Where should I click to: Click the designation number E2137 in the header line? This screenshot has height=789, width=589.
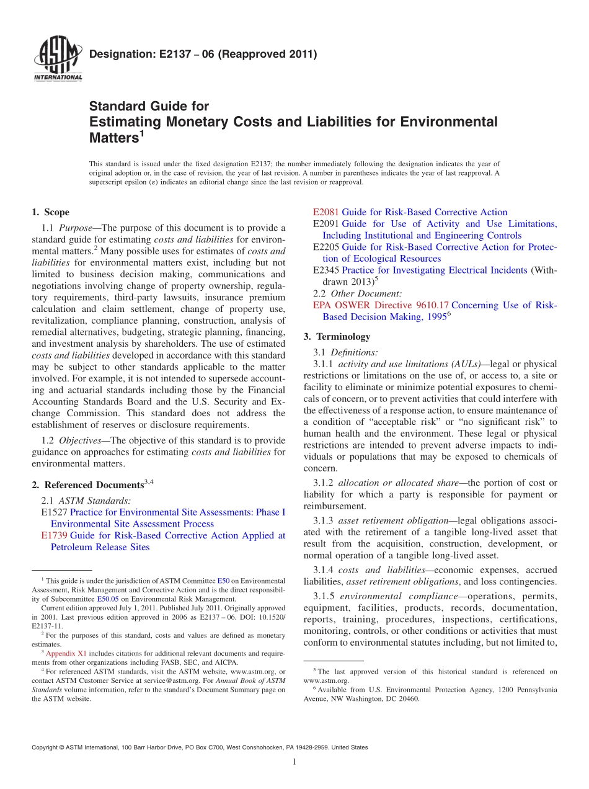pyautogui.click(x=167, y=54)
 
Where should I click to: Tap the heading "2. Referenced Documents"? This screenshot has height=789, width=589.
pyautogui.click(x=92, y=485)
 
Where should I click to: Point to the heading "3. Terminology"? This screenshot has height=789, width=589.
pyautogui.click(x=337, y=337)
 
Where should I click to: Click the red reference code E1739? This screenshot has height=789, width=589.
pyautogui.click(x=54, y=535)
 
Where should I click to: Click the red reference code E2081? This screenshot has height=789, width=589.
pyautogui.click(x=326, y=212)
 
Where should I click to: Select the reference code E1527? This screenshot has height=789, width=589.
pyautogui.click(x=54, y=512)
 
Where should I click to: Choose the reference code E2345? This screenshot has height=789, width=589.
pyautogui.click(x=326, y=270)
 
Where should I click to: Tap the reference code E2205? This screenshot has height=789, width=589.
pyautogui.click(x=326, y=247)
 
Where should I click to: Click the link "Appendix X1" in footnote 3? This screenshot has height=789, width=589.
pyautogui.click(x=64, y=653)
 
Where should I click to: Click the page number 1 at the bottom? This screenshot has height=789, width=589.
pyautogui.click(x=294, y=762)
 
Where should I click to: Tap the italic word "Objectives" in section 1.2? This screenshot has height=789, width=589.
pyautogui.click(x=79, y=440)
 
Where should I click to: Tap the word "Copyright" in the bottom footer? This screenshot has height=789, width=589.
pyautogui.click(x=47, y=747)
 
